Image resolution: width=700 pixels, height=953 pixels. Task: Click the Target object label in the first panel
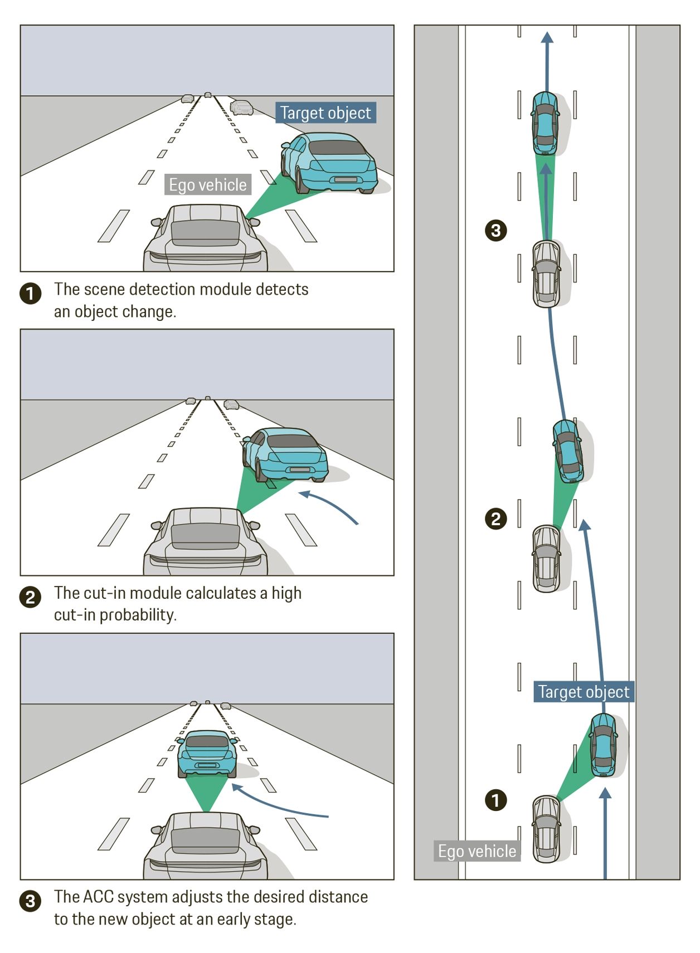[x=325, y=113]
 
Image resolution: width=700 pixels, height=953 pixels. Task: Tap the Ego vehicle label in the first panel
[x=207, y=185]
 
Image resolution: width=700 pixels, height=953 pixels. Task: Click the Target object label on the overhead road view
[x=584, y=692]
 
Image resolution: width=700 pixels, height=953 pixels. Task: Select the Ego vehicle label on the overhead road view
[x=477, y=851]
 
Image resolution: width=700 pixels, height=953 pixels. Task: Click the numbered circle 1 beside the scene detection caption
[x=31, y=294]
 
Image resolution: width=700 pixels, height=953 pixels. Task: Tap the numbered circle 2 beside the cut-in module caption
[x=31, y=597]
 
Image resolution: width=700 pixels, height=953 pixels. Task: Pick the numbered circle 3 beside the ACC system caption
[x=31, y=901]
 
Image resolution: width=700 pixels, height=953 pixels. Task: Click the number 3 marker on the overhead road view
[x=495, y=230]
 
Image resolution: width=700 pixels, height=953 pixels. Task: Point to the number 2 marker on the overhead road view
[x=495, y=519]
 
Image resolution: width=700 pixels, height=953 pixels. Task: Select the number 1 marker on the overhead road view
[x=495, y=800]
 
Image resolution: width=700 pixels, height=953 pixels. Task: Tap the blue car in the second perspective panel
[x=285, y=454]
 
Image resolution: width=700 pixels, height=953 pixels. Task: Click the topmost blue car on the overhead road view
[x=545, y=124]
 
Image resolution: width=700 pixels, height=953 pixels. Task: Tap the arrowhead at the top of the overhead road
[x=547, y=37]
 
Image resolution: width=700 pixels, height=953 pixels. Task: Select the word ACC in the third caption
[x=98, y=897]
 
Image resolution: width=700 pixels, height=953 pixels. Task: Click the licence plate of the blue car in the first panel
[x=345, y=179]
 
